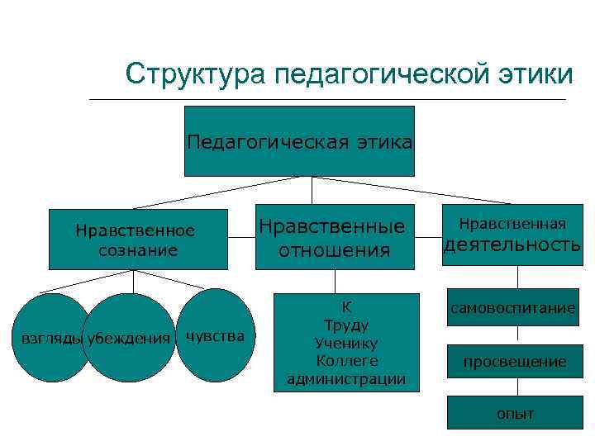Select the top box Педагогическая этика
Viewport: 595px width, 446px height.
(299, 141)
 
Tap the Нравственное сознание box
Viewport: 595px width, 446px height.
(137, 240)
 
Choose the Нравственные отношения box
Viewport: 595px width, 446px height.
(334, 237)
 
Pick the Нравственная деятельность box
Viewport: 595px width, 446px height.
(512, 235)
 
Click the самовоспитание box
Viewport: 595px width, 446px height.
(512, 308)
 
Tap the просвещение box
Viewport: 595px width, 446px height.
(515, 362)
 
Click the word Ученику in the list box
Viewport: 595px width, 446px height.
(346, 343)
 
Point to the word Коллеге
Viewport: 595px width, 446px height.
(346, 361)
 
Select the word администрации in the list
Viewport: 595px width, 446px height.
(346, 379)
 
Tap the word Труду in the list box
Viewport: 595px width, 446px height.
(346, 325)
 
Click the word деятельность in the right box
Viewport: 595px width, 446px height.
(512, 245)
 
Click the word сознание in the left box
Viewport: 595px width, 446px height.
(137, 249)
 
